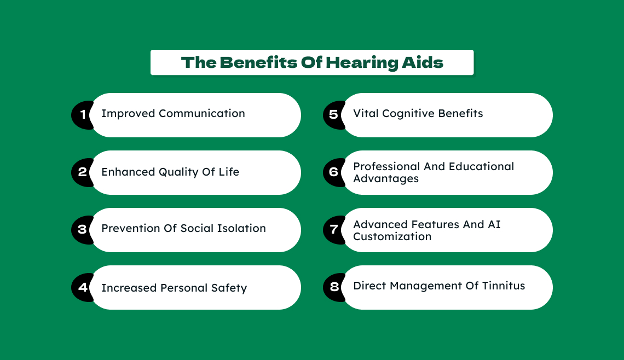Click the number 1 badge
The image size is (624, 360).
[82, 115]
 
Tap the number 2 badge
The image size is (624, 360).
[82, 172]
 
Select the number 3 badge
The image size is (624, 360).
[82, 230]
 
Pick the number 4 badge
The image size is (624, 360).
[82, 287]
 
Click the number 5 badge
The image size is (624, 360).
[333, 115]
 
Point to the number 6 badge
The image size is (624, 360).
[333, 172]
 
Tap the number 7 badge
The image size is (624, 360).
[333, 230]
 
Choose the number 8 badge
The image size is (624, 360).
[333, 287]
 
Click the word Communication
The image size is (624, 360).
[202, 113]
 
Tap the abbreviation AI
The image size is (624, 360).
[494, 224]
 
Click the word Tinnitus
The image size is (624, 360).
[504, 286]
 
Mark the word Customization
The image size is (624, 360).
[392, 237]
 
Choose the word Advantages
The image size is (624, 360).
[386, 179]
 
